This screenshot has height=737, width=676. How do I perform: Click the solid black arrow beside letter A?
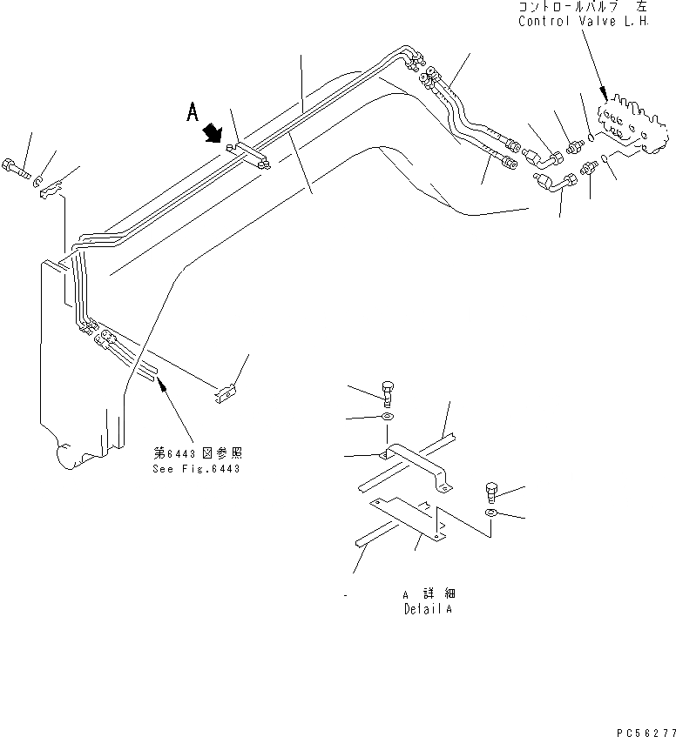tap(212, 133)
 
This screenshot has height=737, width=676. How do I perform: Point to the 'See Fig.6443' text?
tap(196, 468)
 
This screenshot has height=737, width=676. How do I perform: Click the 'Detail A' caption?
tap(428, 609)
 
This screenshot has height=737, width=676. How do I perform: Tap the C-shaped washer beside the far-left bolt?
tap(37, 180)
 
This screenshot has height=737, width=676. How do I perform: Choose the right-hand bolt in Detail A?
tap(491, 494)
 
